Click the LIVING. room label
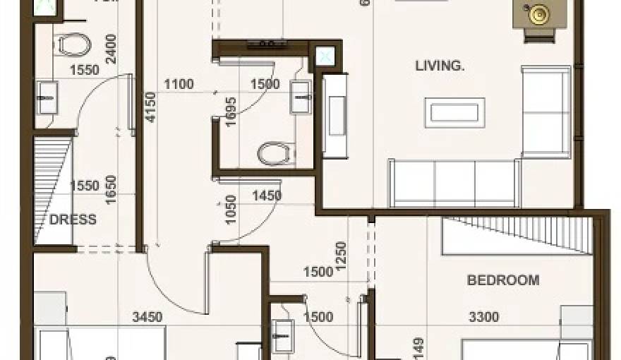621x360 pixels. (440, 66)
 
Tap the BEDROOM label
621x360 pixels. (503, 280)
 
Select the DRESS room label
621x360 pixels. (73, 220)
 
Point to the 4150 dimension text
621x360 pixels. (150, 108)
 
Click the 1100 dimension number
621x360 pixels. (179, 85)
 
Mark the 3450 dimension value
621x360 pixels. (147, 318)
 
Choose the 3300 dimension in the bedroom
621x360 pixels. (483, 318)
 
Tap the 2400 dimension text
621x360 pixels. (111, 49)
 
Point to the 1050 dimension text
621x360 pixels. (230, 210)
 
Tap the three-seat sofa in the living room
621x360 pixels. (454, 184)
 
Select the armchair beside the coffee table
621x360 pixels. (545, 112)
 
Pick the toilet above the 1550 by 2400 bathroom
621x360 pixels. (73, 47)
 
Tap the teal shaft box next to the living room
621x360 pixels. (325, 56)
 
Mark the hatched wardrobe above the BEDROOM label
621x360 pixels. (516, 235)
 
